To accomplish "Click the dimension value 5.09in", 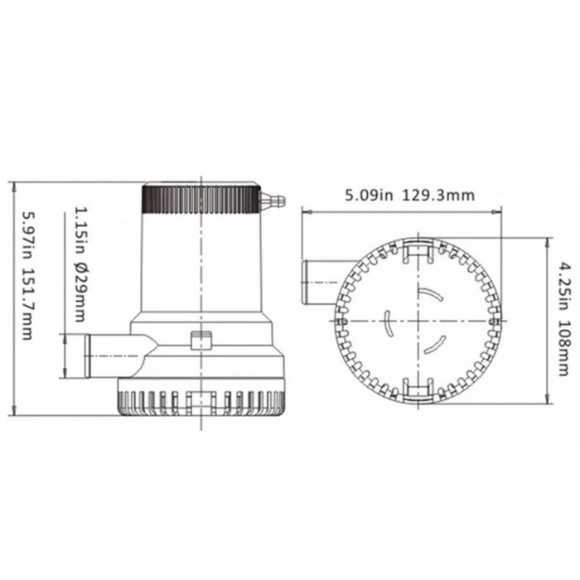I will click(368, 196).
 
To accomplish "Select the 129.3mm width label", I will click(439, 196).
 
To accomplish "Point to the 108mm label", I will click(564, 347).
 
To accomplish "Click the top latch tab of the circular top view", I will click(418, 252).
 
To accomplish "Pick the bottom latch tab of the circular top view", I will click(418, 388).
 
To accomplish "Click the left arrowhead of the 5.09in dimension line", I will click(304, 212).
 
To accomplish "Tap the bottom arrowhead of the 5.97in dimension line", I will click(15, 411).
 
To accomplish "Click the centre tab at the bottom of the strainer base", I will click(201, 404).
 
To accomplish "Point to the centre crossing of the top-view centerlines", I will click(418, 320).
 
